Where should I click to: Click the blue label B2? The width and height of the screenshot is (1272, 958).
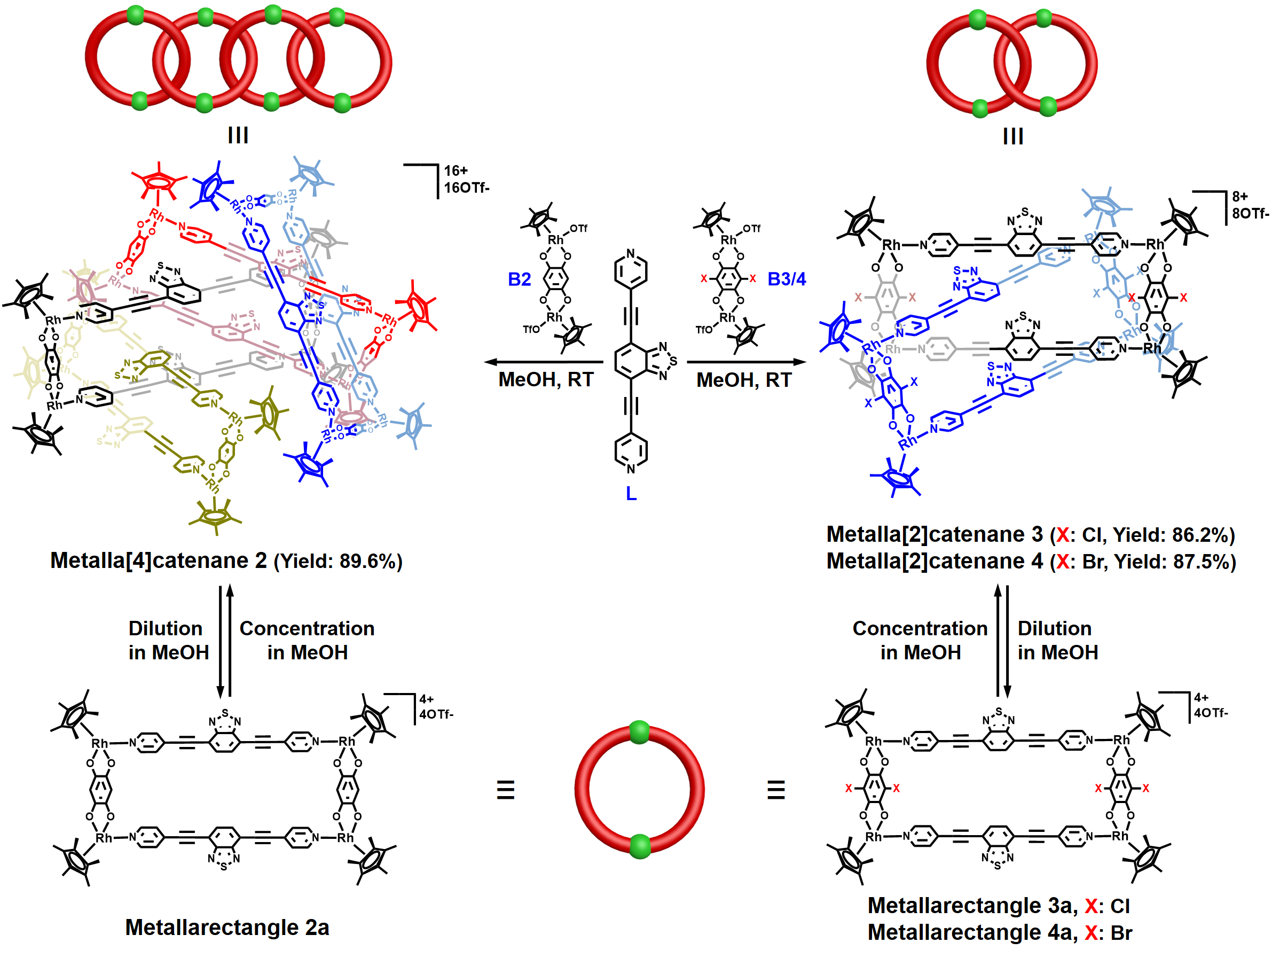(519, 279)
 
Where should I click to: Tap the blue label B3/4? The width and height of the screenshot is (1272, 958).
(786, 279)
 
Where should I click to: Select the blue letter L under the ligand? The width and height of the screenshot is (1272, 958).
(631, 494)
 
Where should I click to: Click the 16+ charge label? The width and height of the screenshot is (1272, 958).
(456, 171)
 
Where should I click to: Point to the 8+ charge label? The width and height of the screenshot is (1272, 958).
(1239, 197)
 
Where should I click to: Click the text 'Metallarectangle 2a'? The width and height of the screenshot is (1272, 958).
(227, 928)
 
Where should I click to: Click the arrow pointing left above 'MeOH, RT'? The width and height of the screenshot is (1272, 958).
(544, 362)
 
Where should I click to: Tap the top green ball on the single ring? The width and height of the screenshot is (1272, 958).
(639, 732)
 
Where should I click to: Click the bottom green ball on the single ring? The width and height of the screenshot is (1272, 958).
(639, 846)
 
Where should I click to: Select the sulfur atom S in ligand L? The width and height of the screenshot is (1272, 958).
(673, 361)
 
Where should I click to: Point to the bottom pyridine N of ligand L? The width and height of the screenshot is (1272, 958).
(631, 469)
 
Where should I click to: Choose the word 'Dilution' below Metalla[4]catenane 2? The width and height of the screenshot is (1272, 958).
(166, 628)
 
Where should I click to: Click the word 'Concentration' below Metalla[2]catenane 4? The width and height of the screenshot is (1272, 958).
(920, 628)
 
